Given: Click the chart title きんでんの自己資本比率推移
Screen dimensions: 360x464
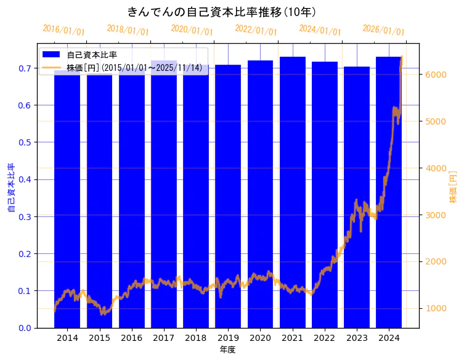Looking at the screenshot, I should coord(222,12).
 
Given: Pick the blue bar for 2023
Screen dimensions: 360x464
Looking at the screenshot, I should coord(357,197).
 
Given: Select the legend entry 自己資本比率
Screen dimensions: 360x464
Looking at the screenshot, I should coord(92,55).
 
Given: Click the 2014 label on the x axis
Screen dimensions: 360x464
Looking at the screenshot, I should coord(67,338).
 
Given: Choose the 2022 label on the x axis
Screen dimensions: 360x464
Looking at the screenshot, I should coord(325,338).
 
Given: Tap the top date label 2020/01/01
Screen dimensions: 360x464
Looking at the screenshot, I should coord(192,30).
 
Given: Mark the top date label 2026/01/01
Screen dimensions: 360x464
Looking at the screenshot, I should coord(383,30).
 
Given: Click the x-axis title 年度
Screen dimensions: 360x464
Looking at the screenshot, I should coord(228,350).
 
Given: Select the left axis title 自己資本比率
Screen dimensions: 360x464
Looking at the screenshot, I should coord(10,188).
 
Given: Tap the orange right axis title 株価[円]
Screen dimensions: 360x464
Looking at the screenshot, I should coord(453,187).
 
